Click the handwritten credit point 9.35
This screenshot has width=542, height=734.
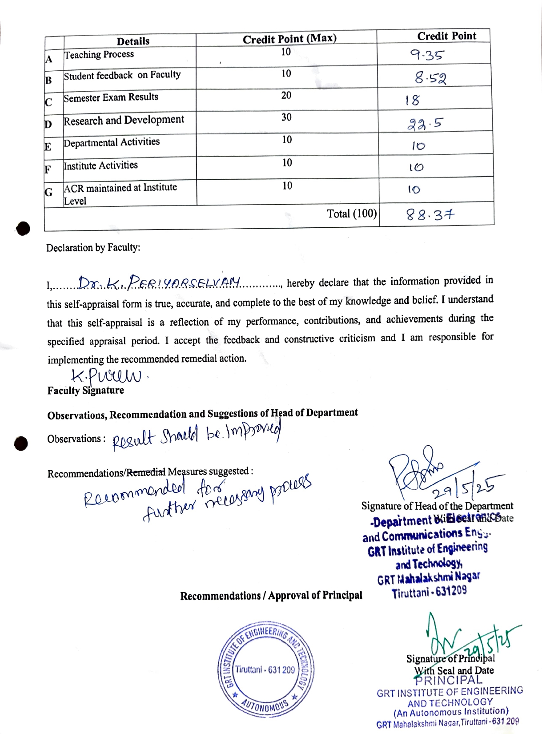[x=426, y=55]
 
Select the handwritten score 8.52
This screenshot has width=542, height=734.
[x=430, y=78]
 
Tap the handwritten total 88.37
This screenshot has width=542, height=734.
[x=430, y=216]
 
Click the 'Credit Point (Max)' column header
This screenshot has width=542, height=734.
[x=289, y=39]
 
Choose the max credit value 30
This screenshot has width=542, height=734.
[x=286, y=117]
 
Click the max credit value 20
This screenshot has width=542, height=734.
[x=286, y=95]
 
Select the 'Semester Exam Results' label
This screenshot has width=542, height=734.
[x=111, y=97]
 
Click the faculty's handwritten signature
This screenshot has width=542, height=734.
[x=107, y=376]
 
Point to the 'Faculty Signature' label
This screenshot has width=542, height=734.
[x=86, y=391]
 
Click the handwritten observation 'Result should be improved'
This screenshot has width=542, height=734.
[x=196, y=435]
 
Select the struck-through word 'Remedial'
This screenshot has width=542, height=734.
[x=146, y=472]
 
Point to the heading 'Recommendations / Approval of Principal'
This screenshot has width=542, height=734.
[x=271, y=596]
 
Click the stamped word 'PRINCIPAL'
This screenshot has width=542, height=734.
[x=448, y=680]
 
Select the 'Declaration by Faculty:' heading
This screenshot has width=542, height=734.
[x=93, y=248]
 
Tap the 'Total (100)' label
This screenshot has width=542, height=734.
[x=352, y=214]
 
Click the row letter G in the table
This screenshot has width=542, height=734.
[x=48, y=192]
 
